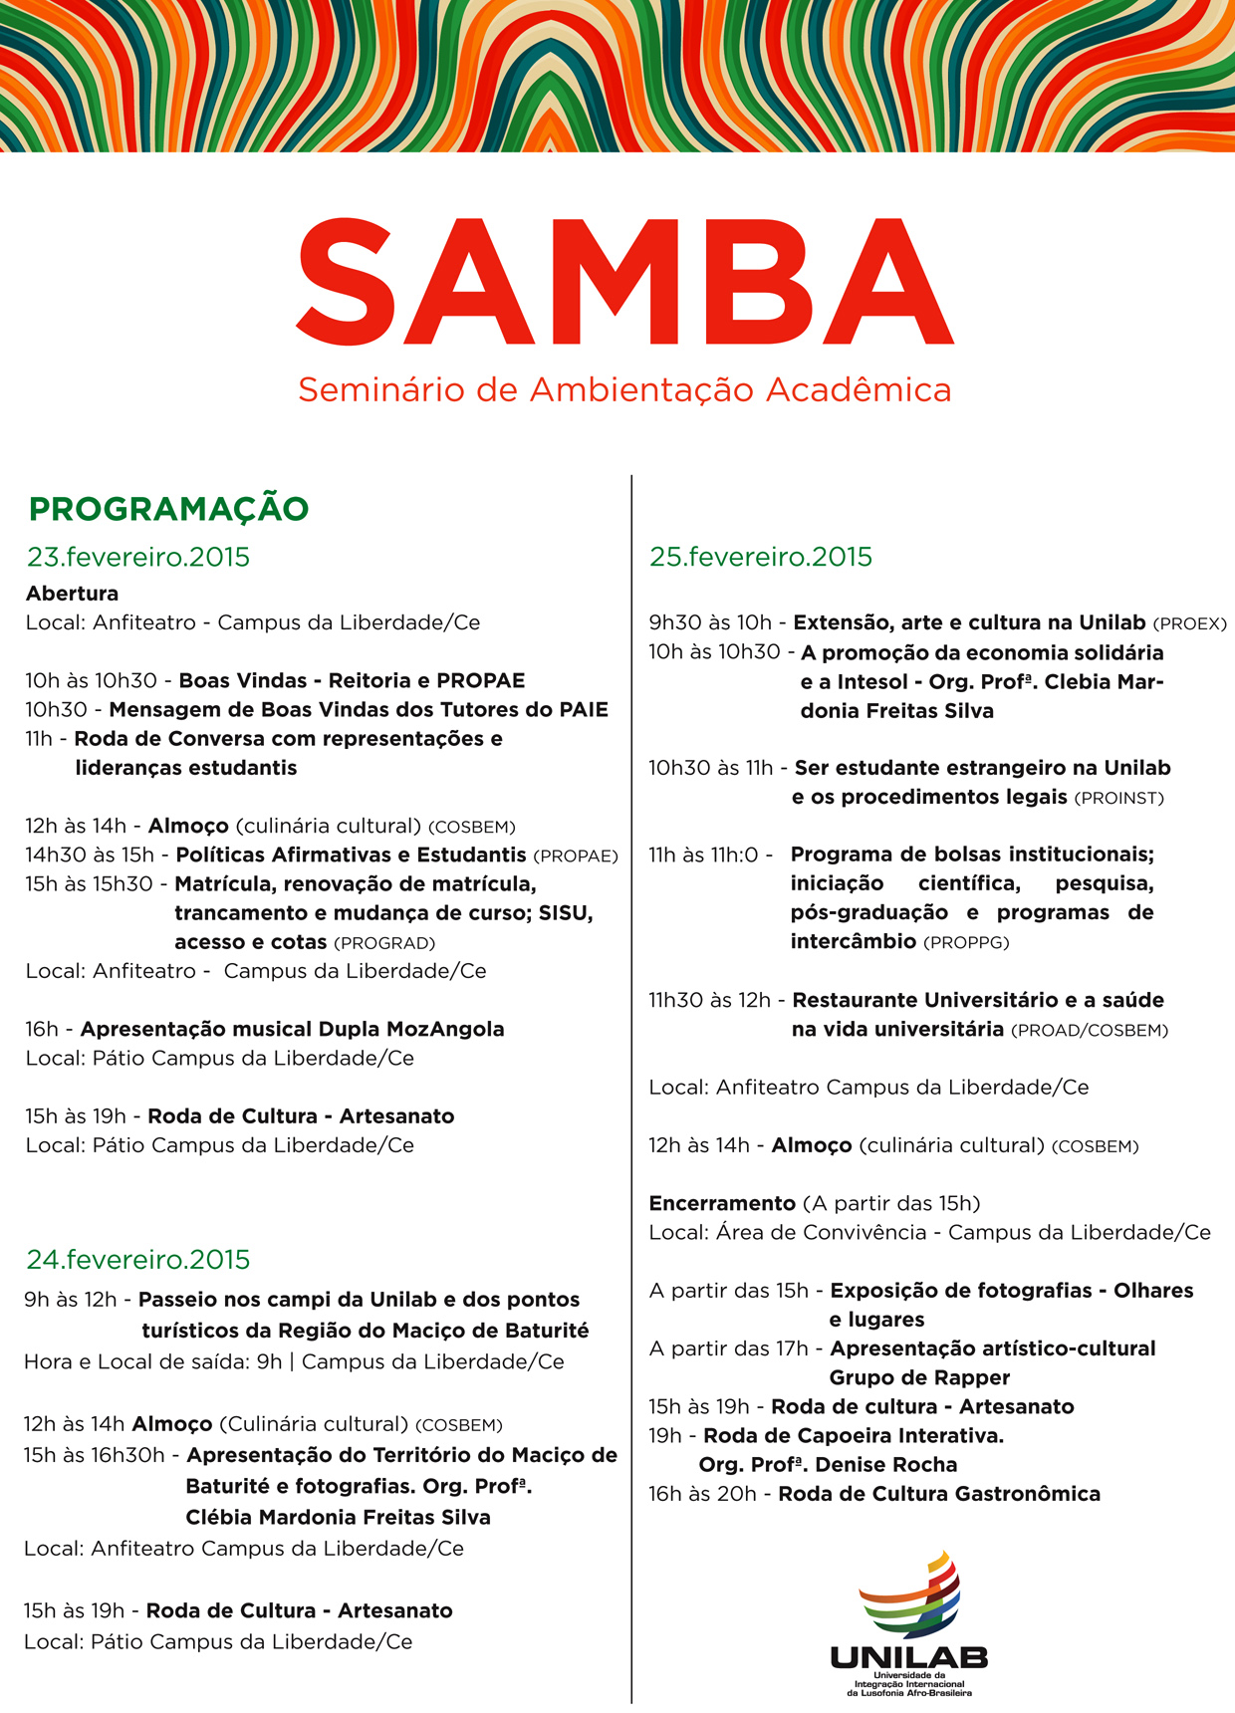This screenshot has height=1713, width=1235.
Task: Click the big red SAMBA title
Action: [x=624, y=282]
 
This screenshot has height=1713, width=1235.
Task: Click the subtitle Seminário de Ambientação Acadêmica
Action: [x=624, y=389]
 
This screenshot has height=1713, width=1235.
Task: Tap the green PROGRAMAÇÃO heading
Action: [x=168, y=509]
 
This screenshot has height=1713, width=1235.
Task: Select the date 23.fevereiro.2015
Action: [x=138, y=557]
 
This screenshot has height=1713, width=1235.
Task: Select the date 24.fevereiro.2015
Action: [x=138, y=1260]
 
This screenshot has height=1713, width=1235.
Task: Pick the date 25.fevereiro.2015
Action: [x=761, y=557]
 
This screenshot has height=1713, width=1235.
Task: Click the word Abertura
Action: [x=72, y=594]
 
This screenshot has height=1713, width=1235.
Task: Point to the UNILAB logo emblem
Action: [x=909, y=1593]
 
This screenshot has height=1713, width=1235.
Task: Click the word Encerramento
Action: [x=722, y=1203]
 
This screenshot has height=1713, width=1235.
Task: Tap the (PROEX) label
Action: [x=1189, y=624]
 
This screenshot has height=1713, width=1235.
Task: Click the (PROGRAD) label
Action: [x=384, y=943]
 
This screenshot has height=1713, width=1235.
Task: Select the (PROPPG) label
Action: [x=966, y=943]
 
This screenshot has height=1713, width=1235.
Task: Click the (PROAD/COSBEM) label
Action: [x=1089, y=1031]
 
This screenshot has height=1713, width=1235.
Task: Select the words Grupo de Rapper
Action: [x=919, y=1377]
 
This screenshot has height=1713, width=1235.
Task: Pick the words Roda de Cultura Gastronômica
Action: [x=939, y=1494]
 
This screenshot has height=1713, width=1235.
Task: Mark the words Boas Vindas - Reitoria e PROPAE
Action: [x=352, y=681]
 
